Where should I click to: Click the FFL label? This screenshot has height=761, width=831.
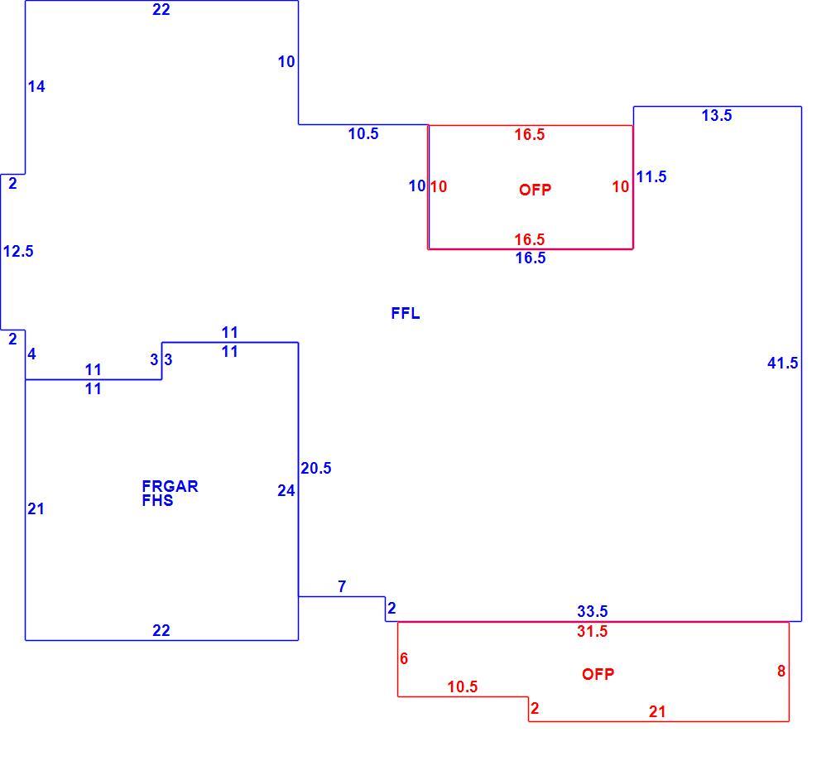[406, 313]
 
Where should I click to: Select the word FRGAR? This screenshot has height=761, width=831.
[171, 486]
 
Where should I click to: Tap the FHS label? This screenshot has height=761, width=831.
[157, 501]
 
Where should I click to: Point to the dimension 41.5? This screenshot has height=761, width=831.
[783, 363]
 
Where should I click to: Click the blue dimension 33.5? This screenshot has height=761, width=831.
[593, 611]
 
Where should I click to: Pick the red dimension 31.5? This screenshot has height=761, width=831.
[593, 631]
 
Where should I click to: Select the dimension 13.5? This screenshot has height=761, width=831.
[717, 115]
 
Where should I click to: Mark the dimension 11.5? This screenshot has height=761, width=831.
[651, 176]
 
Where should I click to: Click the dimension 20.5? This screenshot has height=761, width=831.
[316, 468]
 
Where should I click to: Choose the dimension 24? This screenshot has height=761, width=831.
[286, 490]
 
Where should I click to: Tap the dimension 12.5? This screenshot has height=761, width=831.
[18, 251]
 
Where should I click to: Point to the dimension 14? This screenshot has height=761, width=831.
[36, 86]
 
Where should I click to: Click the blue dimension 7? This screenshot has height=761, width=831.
[342, 586]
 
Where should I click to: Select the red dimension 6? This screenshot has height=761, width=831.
[404, 658]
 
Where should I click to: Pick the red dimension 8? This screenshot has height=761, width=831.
[781, 671]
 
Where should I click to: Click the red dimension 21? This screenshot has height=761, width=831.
[657, 711]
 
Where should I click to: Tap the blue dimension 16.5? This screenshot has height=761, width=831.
[531, 258]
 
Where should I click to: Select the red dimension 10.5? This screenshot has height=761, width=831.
[462, 686]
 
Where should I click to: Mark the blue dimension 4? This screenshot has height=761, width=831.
[31, 354]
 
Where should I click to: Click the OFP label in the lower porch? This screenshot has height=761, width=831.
[598, 674]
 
